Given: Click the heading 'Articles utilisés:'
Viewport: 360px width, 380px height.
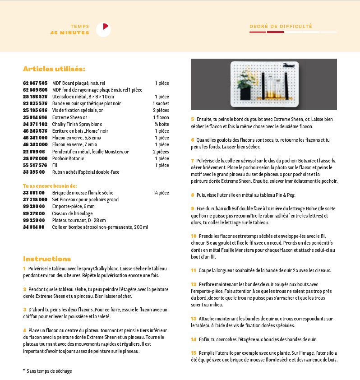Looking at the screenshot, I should coord(54,69).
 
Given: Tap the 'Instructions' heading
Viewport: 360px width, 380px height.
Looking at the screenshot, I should coord(47,259).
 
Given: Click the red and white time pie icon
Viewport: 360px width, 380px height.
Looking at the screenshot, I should coord(103,29).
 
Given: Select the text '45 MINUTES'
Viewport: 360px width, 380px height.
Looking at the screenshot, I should coord(69,32).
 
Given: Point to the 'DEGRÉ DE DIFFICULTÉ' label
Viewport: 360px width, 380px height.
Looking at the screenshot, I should coord(281,26).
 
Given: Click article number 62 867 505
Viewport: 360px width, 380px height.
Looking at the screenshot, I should coord(35,83).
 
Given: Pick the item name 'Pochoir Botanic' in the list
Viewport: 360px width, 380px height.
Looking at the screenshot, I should coord(68,158).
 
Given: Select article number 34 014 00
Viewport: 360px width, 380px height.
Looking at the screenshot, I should coord(34,227).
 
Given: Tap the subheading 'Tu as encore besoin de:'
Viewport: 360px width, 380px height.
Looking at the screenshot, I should coord(50,185).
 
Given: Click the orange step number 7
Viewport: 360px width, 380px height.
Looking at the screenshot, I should coord(193,161).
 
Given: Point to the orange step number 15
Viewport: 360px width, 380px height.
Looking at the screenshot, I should coord(194,353).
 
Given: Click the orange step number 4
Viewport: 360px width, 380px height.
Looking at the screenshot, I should coord(24,330).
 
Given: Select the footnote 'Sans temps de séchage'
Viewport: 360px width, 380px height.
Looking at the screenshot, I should coord(49,371).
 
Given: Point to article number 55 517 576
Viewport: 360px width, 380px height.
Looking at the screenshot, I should coord(35,165).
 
